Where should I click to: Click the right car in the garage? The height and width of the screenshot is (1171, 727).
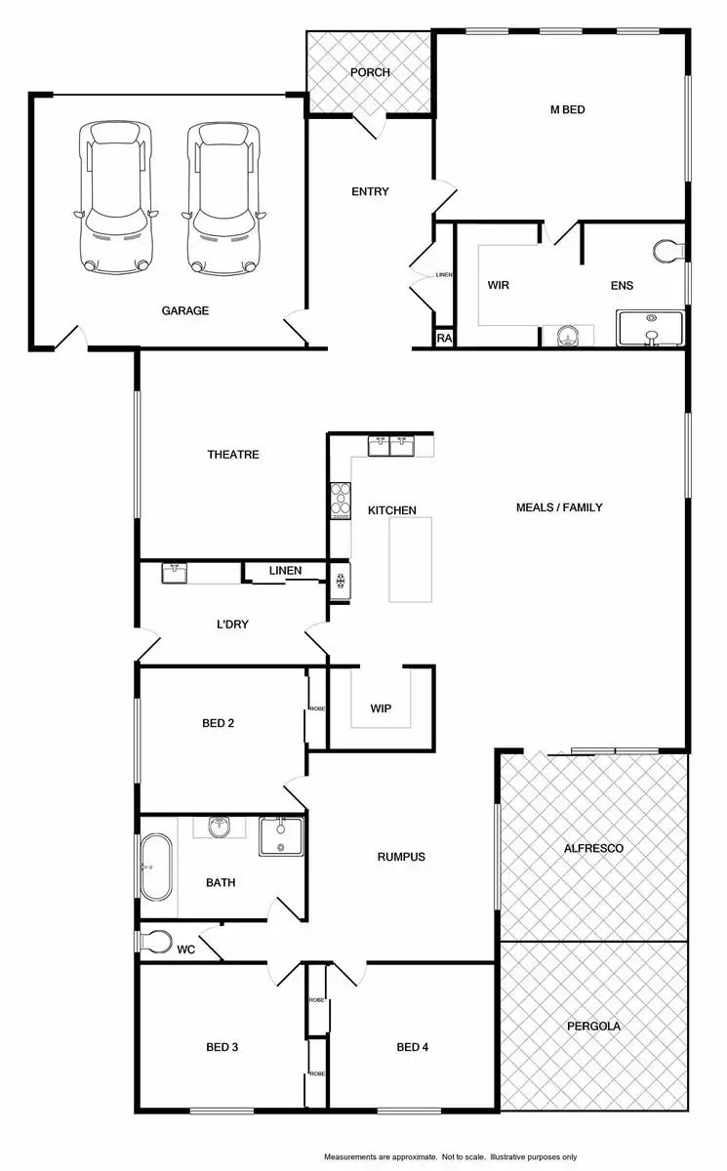(x=225, y=197)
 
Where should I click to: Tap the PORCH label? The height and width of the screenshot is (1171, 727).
(x=370, y=72)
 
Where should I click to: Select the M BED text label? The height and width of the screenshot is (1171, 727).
(x=567, y=110)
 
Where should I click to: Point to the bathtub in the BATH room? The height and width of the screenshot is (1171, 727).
(x=154, y=867)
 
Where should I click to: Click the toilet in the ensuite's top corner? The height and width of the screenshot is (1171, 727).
(x=670, y=251)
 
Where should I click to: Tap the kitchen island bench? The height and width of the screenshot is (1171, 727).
(x=411, y=560)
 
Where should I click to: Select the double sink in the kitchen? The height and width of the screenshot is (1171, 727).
(x=390, y=447)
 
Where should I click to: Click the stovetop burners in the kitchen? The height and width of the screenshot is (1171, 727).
(x=340, y=499)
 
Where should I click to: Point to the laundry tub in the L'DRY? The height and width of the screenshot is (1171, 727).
(x=176, y=573)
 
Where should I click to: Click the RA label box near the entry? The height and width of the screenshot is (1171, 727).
(x=443, y=339)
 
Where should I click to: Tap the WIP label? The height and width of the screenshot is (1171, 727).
(x=381, y=708)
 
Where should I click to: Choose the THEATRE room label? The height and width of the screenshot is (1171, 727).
(x=232, y=455)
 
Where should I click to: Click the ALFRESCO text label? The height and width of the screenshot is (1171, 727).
(x=593, y=849)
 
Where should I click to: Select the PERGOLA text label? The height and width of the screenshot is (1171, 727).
(x=593, y=1027)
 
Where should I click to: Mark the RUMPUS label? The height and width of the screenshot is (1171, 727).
(x=401, y=858)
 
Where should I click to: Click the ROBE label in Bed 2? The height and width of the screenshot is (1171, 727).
(x=316, y=709)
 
